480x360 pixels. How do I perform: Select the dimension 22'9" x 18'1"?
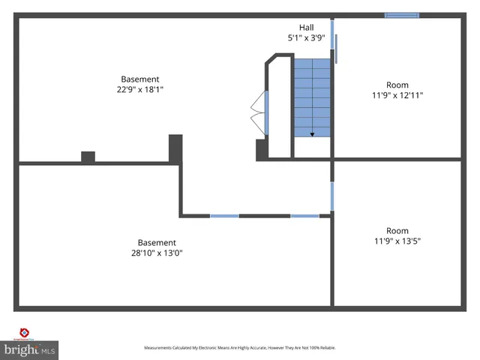tap(140, 89)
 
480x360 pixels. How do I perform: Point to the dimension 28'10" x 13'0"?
tap(157, 253)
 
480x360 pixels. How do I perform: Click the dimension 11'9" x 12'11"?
tap(397, 95)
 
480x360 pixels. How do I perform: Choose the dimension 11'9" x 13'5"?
tap(397, 241)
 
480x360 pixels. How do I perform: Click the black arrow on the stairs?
tap(312, 133)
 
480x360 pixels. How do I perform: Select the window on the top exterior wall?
tap(402, 14)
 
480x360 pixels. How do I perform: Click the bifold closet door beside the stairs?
tap(259, 112)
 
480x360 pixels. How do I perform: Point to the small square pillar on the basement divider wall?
tap(88, 157)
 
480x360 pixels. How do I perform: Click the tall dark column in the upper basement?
tap(175, 148)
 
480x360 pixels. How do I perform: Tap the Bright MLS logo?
tap(29, 349)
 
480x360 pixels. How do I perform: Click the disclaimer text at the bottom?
tap(240, 348)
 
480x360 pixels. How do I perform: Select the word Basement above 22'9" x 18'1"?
tap(140, 79)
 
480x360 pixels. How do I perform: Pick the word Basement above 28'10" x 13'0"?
tap(157, 242)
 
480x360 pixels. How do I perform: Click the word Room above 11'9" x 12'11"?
tap(397, 85)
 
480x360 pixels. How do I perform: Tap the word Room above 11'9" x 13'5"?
tap(397, 230)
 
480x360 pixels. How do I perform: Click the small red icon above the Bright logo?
tap(23, 333)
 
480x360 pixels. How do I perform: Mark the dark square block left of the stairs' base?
tap(262, 149)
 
